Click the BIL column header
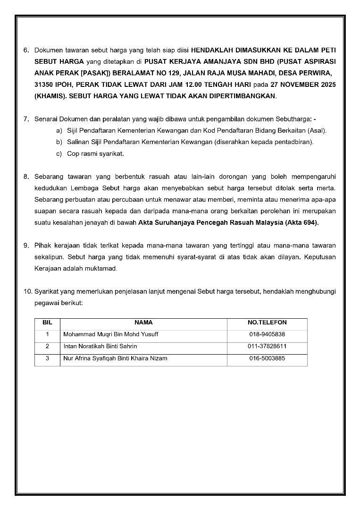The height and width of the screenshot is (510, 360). (x=47, y=323)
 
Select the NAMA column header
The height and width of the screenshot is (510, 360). (x=143, y=323)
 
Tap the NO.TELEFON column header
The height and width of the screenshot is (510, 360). (x=267, y=323)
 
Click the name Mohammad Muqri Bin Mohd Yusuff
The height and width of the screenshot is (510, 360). (x=111, y=334)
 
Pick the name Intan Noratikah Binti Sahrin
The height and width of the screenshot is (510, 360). (x=100, y=346)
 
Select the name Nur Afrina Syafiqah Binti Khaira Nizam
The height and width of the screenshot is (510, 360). (x=115, y=358)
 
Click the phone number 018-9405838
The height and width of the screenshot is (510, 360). (x=267, y=334)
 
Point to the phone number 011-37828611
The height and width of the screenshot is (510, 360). (x=267, y=346)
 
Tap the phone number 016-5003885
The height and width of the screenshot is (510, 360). (x=267, y=358)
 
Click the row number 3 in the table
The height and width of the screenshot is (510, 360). (x=47, y=358)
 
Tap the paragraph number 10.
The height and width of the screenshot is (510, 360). (x=27, y=292)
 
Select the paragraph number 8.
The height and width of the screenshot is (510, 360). (x=26, y=177)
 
